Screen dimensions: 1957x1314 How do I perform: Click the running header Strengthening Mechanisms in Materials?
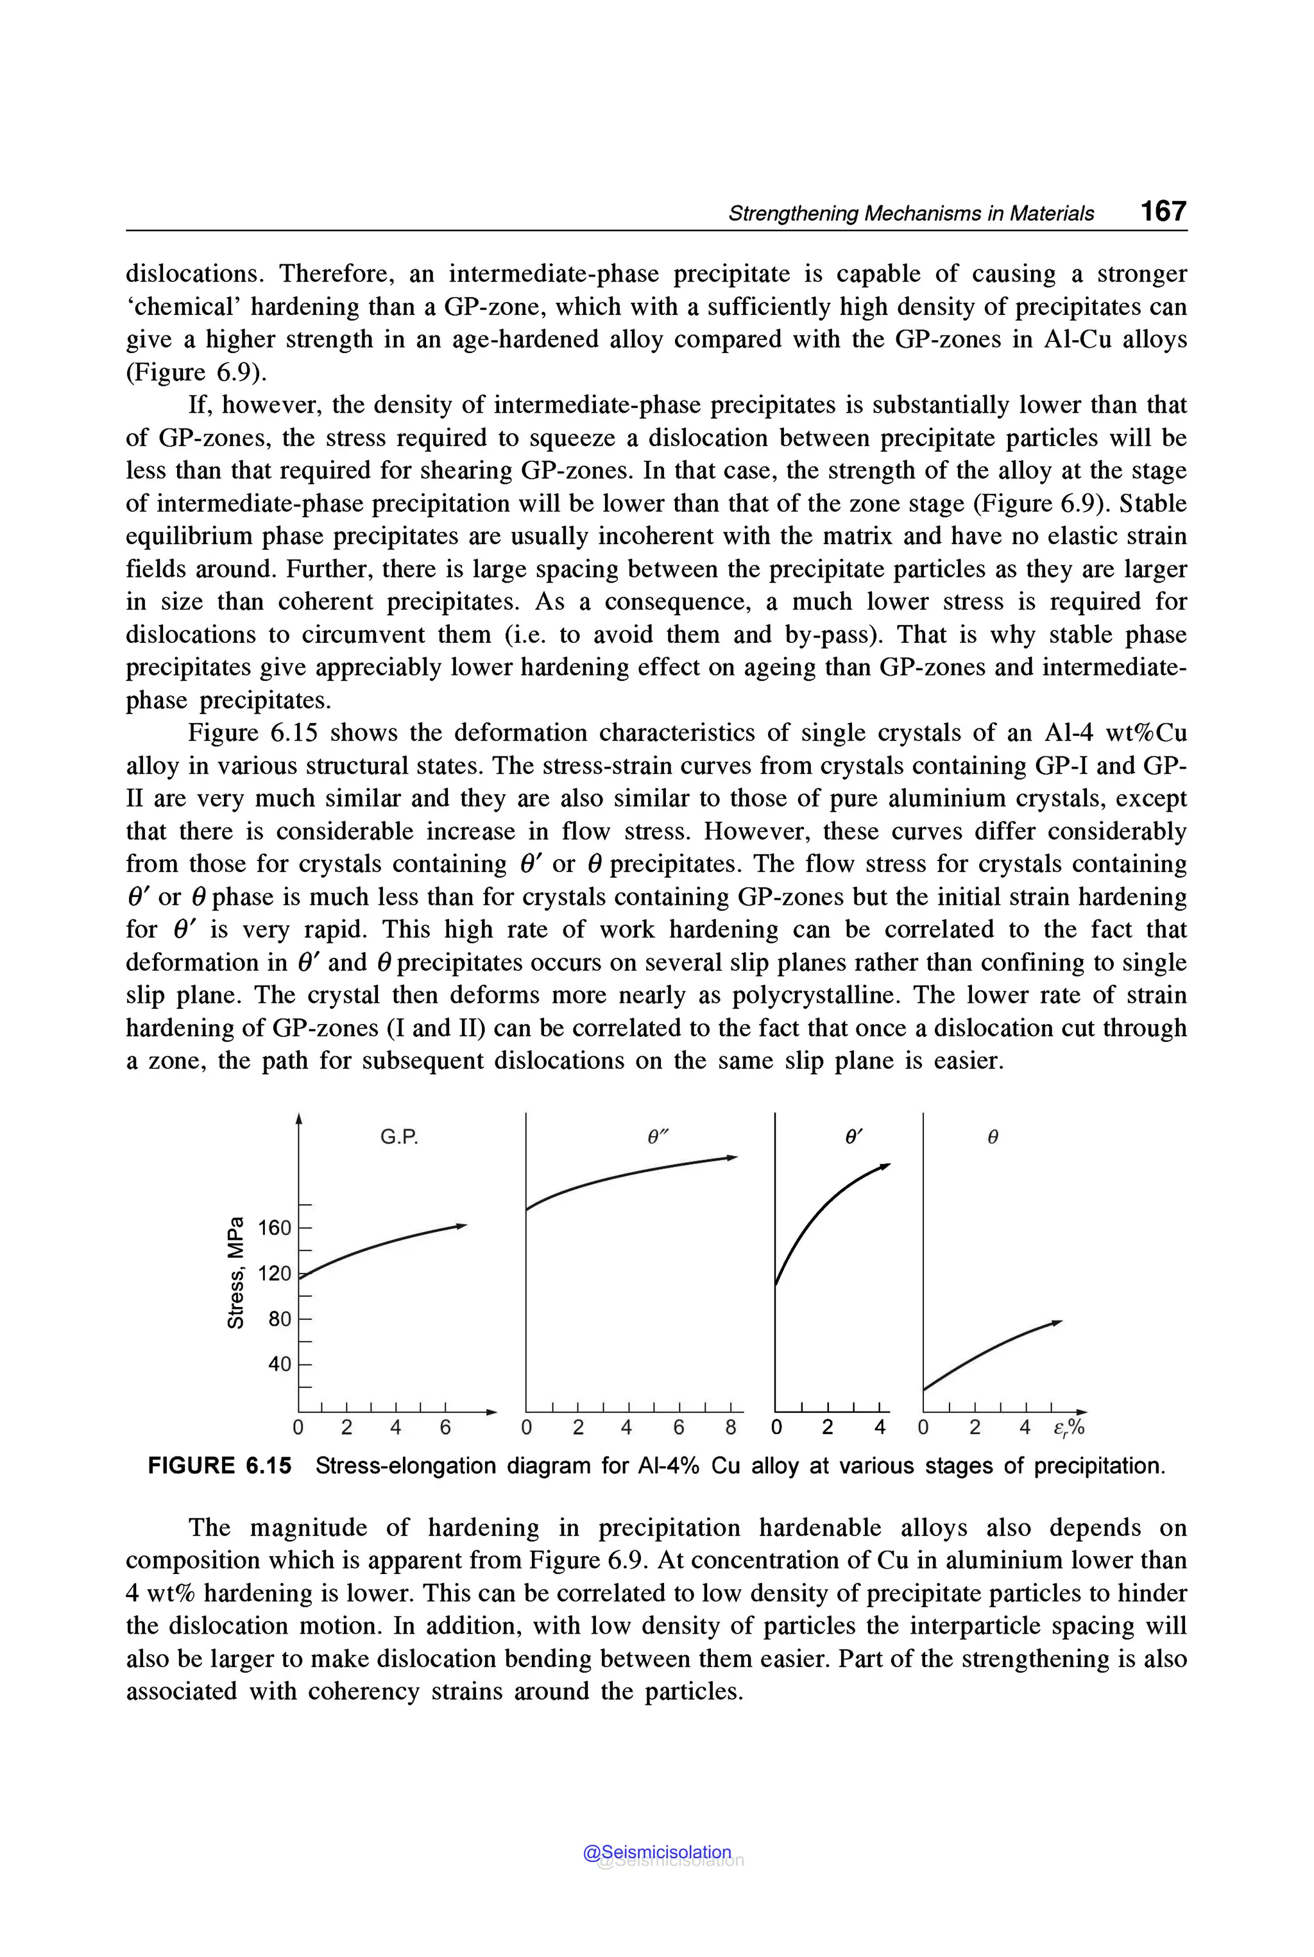[911, 214]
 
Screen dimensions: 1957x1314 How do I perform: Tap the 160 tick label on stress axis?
[274, 1228]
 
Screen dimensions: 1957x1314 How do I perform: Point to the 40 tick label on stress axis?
[279, 1363]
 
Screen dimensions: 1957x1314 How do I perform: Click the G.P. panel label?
[399, 1138]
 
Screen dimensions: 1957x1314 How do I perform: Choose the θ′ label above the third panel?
[853, 1138]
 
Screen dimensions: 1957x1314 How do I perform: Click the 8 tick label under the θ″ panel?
[731, 1426]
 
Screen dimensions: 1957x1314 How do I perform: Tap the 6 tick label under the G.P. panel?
[445, 1426]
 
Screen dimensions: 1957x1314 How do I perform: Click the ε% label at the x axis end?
[1068, 1427]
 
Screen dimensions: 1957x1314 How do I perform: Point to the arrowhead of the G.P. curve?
[461, 1226]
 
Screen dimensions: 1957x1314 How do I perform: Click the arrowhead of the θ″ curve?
[733, 1158]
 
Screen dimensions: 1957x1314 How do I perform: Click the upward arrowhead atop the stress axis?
[299, 1119]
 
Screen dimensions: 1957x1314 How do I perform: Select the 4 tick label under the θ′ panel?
[879, 1426]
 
